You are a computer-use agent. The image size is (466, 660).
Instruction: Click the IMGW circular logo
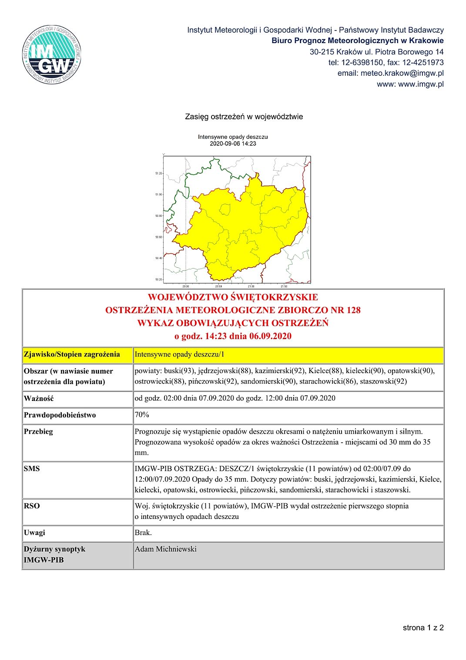(52, 54)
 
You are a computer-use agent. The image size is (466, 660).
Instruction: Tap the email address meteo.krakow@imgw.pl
(390, 73)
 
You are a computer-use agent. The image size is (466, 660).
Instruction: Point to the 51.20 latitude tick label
(158, 173)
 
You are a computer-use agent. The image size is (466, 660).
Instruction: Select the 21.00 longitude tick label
(251, 286)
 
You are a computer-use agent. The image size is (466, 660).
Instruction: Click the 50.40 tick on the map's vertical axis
(158, 258)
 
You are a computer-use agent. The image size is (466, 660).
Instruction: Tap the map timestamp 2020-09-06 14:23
(233, 144)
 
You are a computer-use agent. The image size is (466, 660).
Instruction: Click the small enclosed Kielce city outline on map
(225, 210)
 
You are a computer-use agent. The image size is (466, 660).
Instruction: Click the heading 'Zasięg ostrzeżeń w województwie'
(244, 117)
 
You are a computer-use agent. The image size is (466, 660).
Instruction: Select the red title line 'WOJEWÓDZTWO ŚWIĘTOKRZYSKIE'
(233, 297)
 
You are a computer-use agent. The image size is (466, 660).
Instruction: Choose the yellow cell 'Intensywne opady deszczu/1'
(180, 354)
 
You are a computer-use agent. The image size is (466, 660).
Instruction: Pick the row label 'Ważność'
(39, 398)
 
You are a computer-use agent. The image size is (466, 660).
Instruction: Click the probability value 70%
(142, 414)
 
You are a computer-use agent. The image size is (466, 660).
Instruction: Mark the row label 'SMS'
(32, 468)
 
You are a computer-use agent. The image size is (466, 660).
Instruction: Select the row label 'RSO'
(32, 506)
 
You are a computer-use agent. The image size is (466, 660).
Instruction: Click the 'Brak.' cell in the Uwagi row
(143, 532)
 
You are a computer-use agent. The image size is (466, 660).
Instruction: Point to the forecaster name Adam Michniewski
(165, 549)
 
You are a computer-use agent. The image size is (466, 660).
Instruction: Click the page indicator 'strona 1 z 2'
(423, 627)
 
